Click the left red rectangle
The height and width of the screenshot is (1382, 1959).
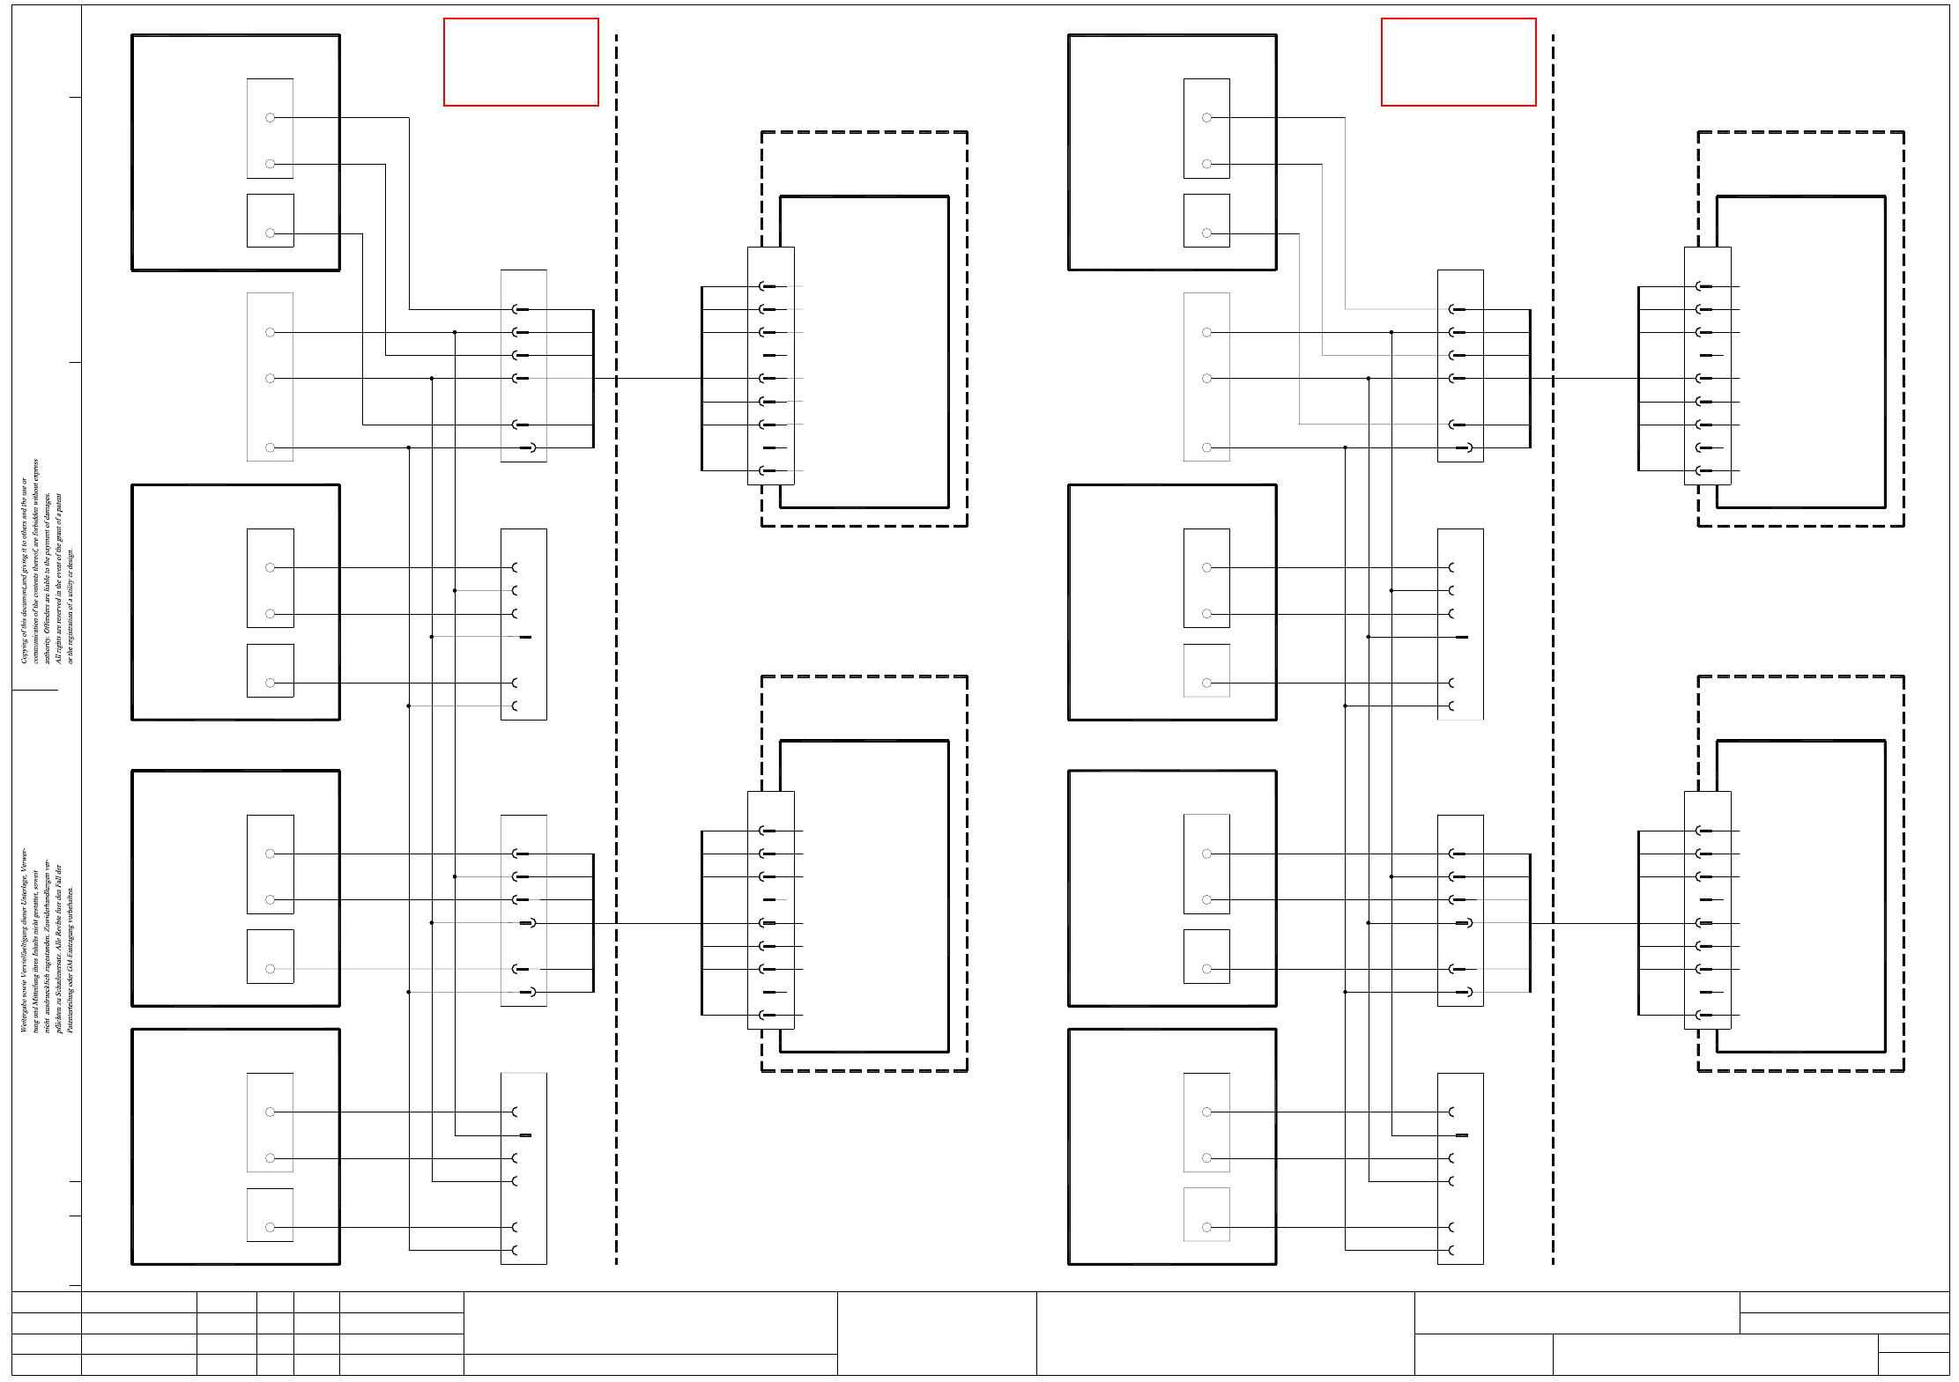pyautogui.click(x=521, y=62)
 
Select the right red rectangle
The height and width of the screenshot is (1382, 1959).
pyautogui.click(x=1458, y=62)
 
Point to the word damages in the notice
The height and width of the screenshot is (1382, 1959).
pyautogui.click(x=48, y=506)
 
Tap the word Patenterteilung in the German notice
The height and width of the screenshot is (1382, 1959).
pyautogui.click(x=71, y=1007)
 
